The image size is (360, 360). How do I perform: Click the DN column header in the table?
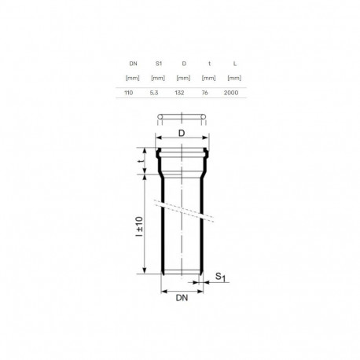click(129, 62)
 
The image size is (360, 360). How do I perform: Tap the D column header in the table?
click(182, 62)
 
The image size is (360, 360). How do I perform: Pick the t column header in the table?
click(208, 62)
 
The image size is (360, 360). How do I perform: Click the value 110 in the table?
click(129, 93)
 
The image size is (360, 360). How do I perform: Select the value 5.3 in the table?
click(156, 93)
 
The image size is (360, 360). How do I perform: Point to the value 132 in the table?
click(182, 93)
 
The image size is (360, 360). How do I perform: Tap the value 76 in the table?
click(208, 93)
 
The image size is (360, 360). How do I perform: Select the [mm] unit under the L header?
click(233, 77)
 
